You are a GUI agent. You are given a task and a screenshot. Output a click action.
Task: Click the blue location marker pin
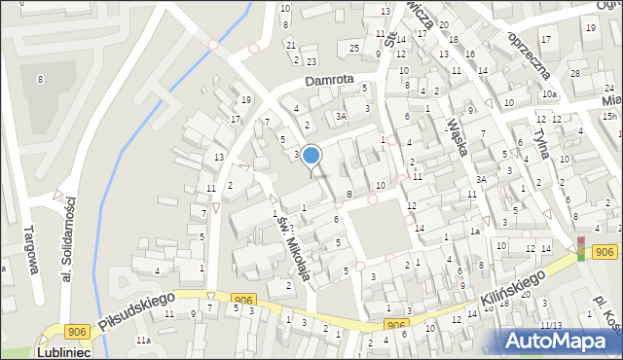[311, 155]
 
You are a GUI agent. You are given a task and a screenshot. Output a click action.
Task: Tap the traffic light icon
[582, 248]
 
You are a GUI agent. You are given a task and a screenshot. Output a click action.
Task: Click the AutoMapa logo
[561, 340]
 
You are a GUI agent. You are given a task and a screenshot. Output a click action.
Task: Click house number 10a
[550, 94]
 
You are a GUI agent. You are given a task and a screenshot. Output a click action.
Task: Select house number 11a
[143, 340]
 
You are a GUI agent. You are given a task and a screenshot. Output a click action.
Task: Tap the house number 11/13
[551, 325]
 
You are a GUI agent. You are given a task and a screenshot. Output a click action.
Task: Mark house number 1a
[475, 232]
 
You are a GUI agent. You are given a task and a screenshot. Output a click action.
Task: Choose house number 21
[290, 45]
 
